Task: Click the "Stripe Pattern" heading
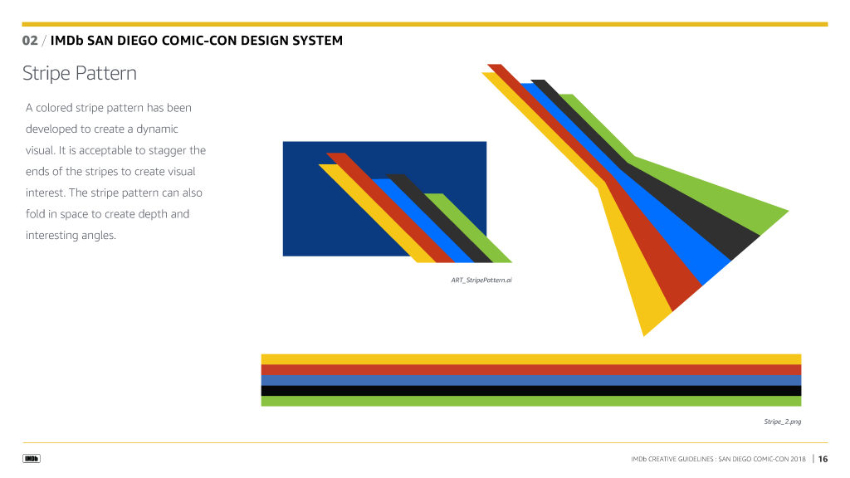coord(79,73)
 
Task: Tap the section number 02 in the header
coord(30,41)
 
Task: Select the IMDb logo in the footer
coord(32,458)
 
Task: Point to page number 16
coord(823,459)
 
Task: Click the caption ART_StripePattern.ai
coord(481,280)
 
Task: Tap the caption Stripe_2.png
coord(782,422)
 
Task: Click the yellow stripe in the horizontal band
coord(531,359)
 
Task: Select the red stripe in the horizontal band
coord(531,369)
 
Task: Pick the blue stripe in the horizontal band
coord(531,380)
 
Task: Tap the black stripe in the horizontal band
coord(531,391)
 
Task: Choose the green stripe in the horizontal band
coord(531,401)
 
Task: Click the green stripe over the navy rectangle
coord(468,227)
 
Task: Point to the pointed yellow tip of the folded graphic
coord(644,335)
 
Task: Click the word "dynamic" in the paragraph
coord(157,129)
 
